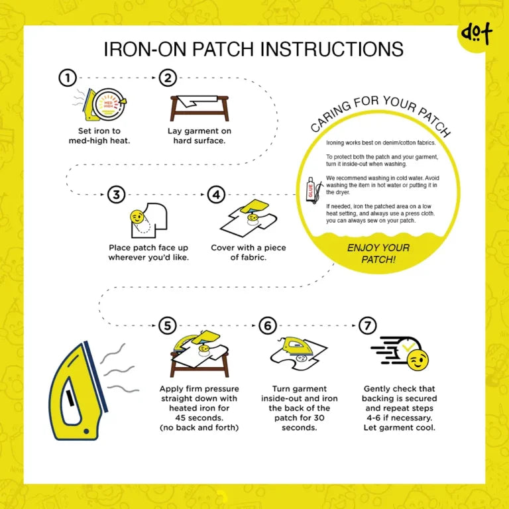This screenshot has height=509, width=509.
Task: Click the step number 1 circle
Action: pyautogui.click(x=67, y=78)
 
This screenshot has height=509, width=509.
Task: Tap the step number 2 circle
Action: pyautogui.click(x=168, y=78)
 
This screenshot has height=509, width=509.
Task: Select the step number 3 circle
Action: pyautogui.click(x=117, y=195)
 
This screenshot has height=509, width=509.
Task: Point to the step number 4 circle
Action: pyautogui.click(x=216, y=195)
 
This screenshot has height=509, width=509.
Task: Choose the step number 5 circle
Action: pyautogui.click(x=168, y=325)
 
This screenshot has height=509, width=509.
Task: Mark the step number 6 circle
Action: pyautogui.click(x=267, y=325)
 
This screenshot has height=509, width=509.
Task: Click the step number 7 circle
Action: pyautogui.click(x=367, y=325)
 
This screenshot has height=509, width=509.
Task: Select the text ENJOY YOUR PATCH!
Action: pyautogui.click(x=378, y=254)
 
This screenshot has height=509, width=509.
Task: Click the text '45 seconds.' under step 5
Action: pyautogui.click(x=199, y=418)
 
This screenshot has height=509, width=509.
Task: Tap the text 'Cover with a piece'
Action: pyautogui.click(x=249, y=248)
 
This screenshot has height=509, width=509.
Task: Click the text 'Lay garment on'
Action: pyautogui.click(x=199, y=131)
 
